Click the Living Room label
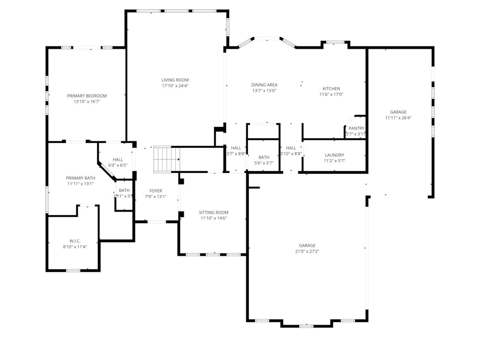tap(175, 80)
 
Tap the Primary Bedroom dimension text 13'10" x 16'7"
tap(87, 102)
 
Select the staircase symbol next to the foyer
tap(166, 159)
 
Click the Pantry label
tap(356, 128)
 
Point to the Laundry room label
tap(334, 155)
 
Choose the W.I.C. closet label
tap(75, 241)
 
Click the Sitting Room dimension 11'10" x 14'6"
tap(213, 218)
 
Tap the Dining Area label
tap(264, 85)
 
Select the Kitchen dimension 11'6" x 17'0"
tap(331, 94)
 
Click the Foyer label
tap(156, 191)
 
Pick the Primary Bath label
tap(80, 178)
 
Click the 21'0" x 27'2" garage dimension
tap(307, 252)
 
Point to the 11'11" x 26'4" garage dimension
tap(398, 118)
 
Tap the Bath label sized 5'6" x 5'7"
tap(264, 157)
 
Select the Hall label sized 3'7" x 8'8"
tap(236, 148)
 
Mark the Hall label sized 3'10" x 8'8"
tap(291, 148)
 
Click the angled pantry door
tap(349, 121)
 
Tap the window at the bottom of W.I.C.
tap(73, 270)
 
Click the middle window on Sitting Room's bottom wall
tap(213, 255)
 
